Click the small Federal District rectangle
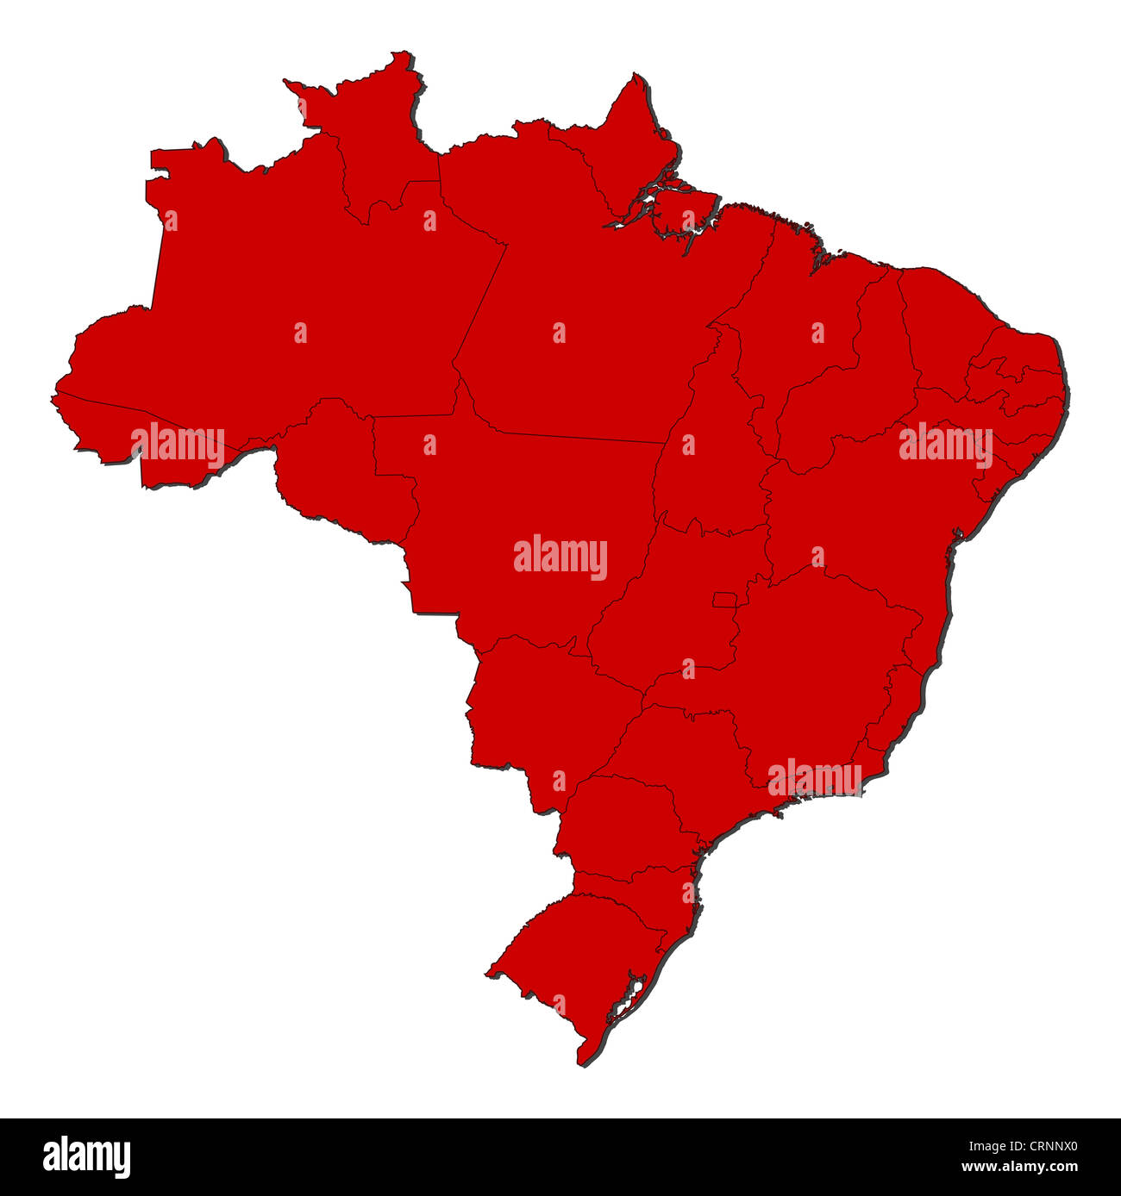click(x=723, y=600)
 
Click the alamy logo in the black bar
click(x=86, y=1156)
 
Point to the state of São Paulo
click(x=681, y=758)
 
